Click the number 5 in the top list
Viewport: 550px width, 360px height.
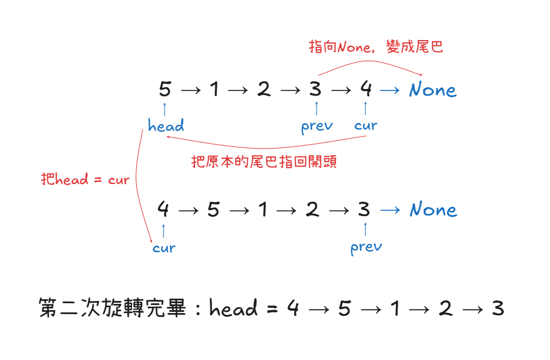tap(165, 89)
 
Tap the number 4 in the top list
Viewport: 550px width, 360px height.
tap(366, 89)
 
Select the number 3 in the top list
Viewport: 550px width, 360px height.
tap(315, 89)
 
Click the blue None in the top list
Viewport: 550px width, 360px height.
tap(433, 90)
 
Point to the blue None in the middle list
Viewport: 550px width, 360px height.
tap(433, 210)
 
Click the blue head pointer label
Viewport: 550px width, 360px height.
tap(166, 126)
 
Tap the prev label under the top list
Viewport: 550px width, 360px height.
tap(317, 126)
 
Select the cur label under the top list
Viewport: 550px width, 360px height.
tap(366, 126)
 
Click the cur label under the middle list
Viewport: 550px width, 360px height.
tap(164, 248)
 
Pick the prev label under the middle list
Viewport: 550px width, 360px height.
tap(366, 247)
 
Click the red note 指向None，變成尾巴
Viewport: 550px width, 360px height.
tap(376, 47)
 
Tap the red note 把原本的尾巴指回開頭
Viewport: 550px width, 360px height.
tap(264, 162)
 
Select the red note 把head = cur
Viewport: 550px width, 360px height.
tap(85, 179)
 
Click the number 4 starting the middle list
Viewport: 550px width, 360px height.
tap(163, 210)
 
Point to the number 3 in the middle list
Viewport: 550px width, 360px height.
tap(364, 210)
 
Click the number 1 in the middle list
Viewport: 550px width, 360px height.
tap(263, 210)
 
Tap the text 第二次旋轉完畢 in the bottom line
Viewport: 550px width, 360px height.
tap(113, 309)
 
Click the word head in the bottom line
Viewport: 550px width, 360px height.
tap(233, 309)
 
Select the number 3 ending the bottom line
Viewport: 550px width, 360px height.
tap(497, 309)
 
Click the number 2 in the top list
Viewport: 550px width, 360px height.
tap(264, 89)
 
